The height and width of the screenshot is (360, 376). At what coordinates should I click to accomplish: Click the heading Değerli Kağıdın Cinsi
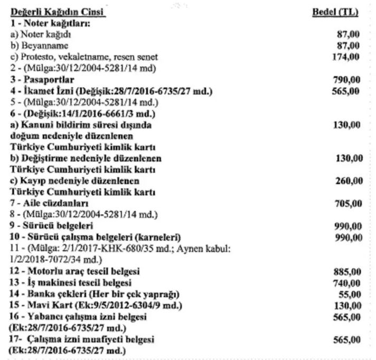coord(58,12)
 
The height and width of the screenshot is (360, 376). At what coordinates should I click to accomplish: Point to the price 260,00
coord(349,181)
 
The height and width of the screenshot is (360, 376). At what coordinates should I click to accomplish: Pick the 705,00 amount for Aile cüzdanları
coord(347,204)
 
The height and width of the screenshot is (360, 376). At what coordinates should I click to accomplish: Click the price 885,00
coord(347,272)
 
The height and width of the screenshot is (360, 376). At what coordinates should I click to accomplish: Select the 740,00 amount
coord(347,283)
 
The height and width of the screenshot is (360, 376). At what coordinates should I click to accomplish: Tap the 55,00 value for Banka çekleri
coord(351,294)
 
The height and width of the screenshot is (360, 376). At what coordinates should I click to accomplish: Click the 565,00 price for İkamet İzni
coord(347,91)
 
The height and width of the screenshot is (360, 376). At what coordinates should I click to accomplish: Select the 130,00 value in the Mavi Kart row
coord(347,305)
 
